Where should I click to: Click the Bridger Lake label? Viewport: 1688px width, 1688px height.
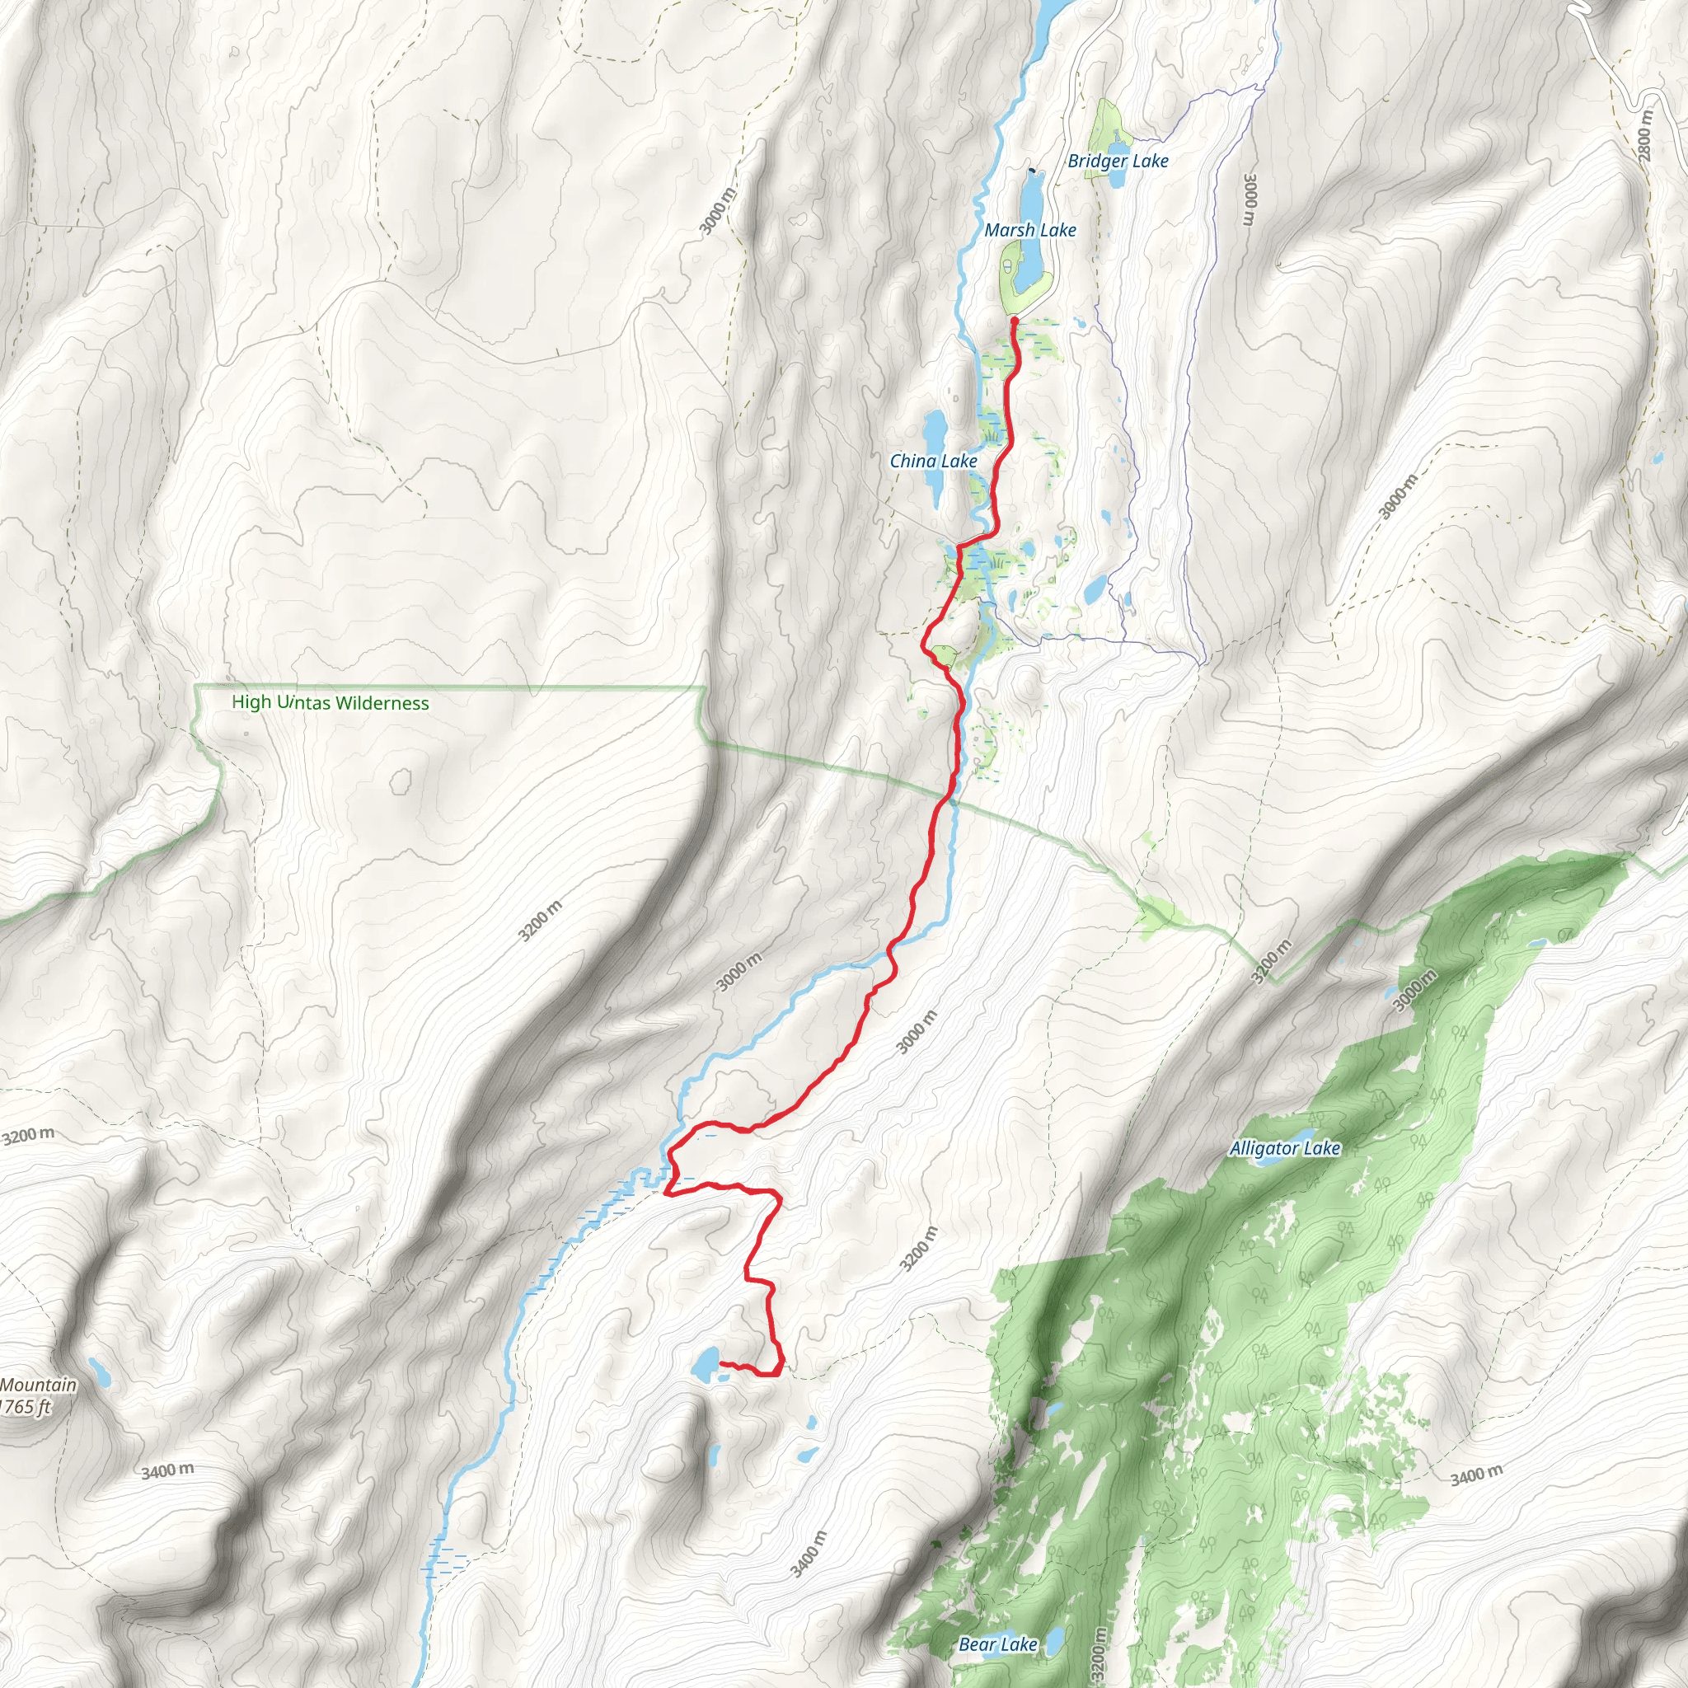tap(1118, 161)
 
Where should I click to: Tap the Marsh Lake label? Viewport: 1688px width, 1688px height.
tap(1030, 230)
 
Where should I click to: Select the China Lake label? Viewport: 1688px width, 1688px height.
tap(933, 461)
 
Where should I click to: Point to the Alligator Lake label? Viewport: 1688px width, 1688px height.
tap(1284, 1148)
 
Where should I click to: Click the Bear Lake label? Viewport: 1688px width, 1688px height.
tap(998, 1644)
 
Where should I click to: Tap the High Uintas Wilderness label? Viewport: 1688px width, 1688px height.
tap(331, 702)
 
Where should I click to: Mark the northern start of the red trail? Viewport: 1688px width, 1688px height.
tap(1014, 321)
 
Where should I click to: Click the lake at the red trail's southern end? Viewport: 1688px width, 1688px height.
tap(705, 1364)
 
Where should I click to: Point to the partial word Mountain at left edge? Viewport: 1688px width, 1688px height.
tap(39, 1385)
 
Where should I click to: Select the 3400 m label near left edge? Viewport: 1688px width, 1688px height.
tap(168, 1471)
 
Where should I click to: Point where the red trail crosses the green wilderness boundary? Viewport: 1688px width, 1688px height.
tap(948, 795)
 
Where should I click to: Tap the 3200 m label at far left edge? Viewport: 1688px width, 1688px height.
tap(28, 1136)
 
